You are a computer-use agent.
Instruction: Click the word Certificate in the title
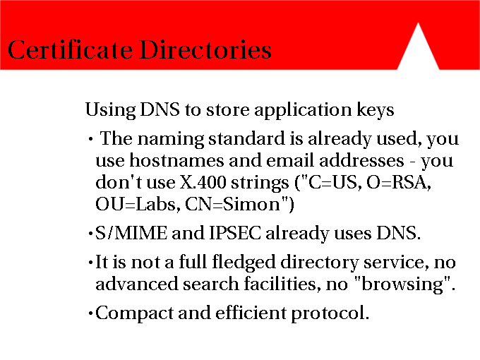tap(70, 49)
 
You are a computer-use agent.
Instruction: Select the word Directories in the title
tap(205, 49)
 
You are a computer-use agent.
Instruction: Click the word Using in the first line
tap(110, 110)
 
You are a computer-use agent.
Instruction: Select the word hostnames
tap(176, 160)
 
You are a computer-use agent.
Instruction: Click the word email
tap(290, 160)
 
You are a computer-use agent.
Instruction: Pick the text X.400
tap(203, 182)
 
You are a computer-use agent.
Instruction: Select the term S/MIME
tap(131, 233)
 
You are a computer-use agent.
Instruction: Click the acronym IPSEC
tap(235, 233)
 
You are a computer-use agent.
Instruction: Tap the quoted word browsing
tap(402, 284)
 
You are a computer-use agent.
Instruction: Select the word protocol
tap(330, 313)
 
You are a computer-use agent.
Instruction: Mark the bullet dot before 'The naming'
tap(90, 139)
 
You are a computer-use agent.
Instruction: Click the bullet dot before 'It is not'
tap(90, 263)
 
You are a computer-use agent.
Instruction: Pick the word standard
tap(247, 138)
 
